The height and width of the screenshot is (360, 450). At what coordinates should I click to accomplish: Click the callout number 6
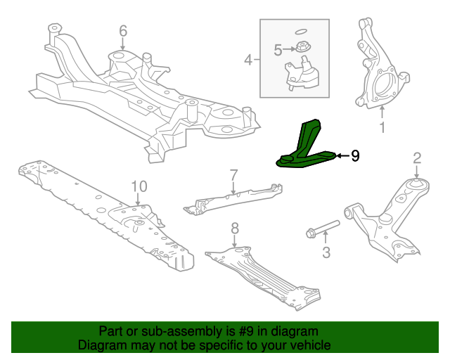[x=123, y=31]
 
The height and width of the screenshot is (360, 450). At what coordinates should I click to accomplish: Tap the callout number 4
[x=247, y=60]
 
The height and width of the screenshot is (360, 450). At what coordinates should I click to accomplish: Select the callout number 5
[x=278, y=50]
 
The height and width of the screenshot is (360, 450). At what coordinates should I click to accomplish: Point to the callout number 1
[x=382, y=128]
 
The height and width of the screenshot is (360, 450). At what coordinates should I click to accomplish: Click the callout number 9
[x=355, y=156]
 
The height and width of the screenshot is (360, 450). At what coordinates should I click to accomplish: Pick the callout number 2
[x=416, y=157]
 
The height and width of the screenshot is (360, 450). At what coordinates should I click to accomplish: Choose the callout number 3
[x=326, y=252]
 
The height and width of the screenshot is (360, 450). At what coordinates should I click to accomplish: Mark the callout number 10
[x=139, y=186]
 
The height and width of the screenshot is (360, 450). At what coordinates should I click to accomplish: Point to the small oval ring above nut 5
[x=300, y=31]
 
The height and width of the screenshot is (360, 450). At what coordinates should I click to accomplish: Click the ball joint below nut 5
[x=302, y=75]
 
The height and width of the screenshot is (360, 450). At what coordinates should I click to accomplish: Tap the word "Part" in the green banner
[x=112, y=331]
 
